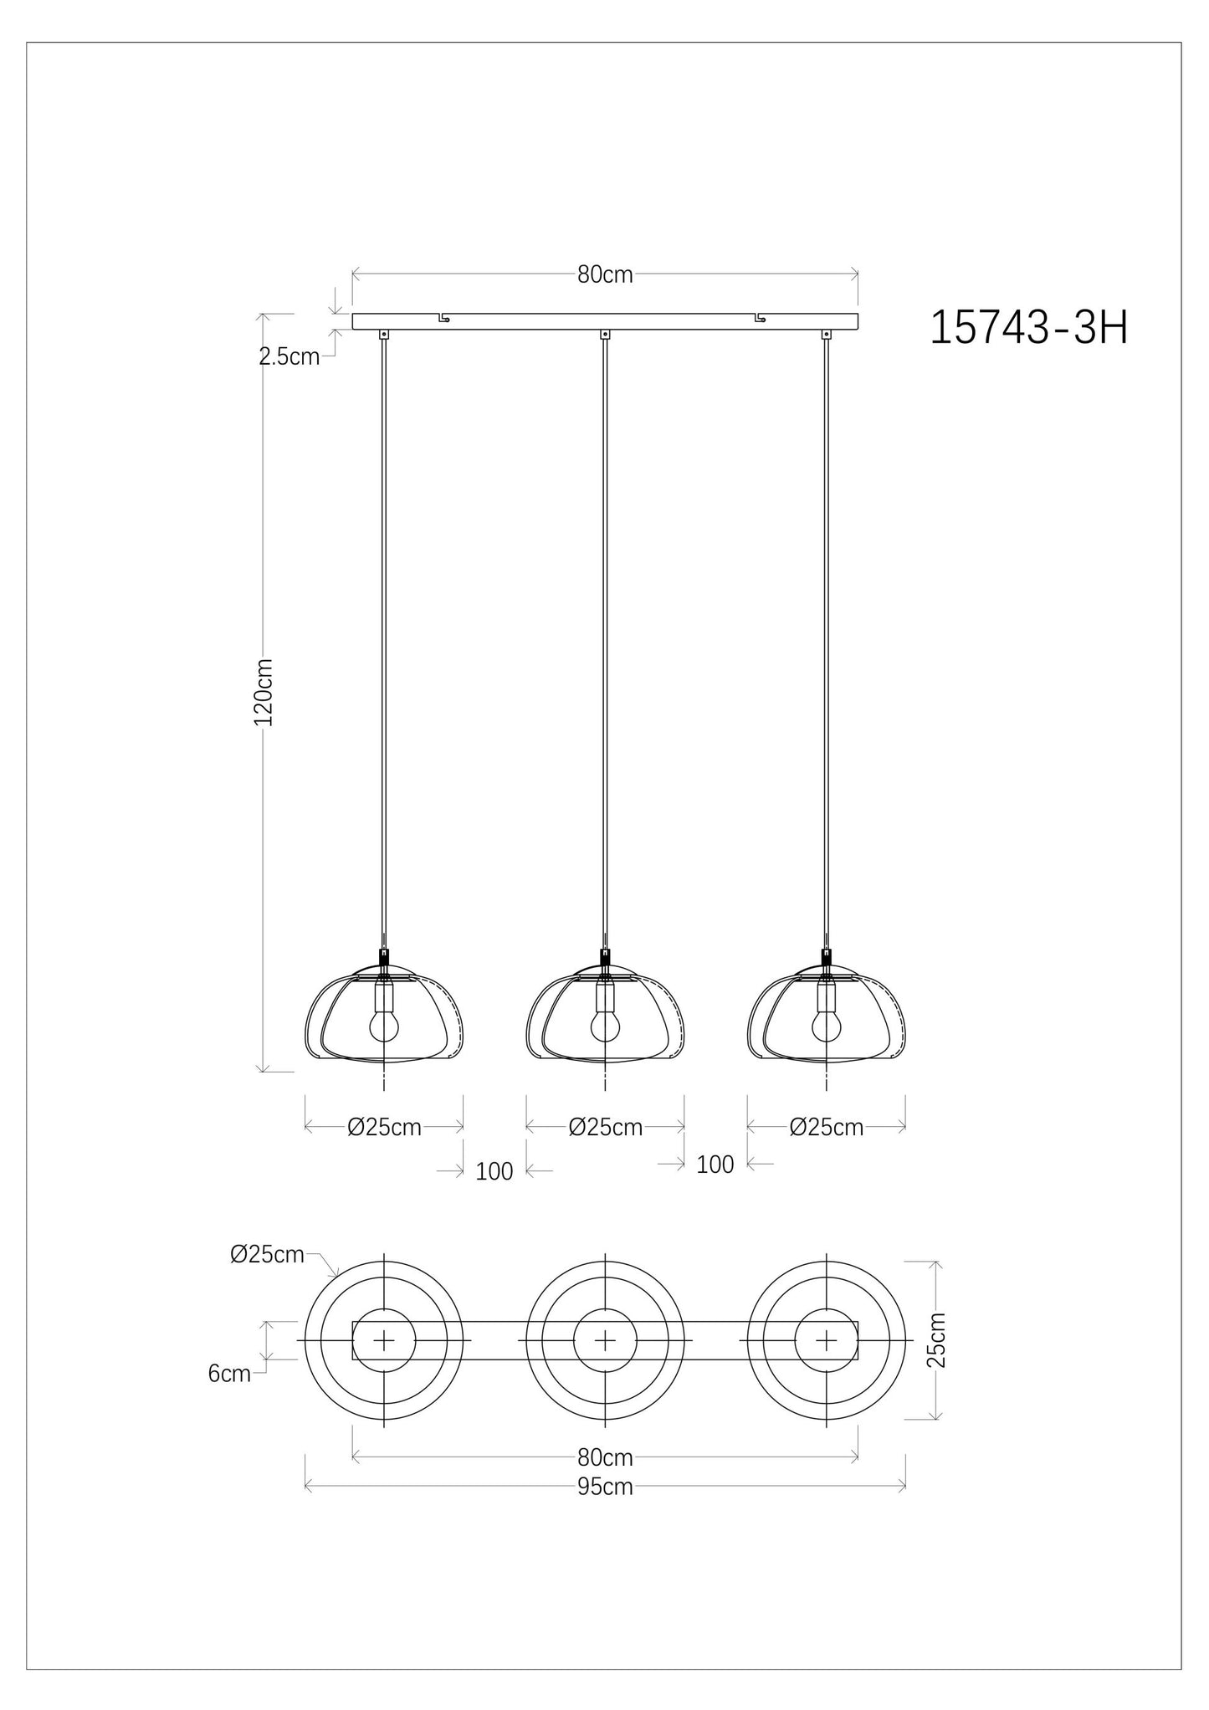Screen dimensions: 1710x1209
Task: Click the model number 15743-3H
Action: pos(1028,329)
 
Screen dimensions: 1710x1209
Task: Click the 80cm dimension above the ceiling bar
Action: pos(604,274)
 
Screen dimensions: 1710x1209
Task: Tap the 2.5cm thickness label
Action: pos(289,357)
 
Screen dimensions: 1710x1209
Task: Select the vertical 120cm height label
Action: pos(264,691)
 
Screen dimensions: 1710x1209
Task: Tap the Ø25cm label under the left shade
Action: pos(384,1128)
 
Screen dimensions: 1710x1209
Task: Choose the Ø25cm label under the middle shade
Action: pos(605,1128)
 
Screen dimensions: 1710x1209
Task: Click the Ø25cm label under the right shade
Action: pos(826,1128)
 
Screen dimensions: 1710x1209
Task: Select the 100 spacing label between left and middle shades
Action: pos(494,1171)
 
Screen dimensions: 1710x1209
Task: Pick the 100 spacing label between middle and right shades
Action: pos(715,1165)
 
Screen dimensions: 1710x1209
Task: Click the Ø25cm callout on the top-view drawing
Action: pos(267,1277)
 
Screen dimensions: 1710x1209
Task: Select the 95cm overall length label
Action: pos(604,1487)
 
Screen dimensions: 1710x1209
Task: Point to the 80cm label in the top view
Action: pos(604,1457)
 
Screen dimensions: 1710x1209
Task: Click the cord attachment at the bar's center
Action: pos(604,335)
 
